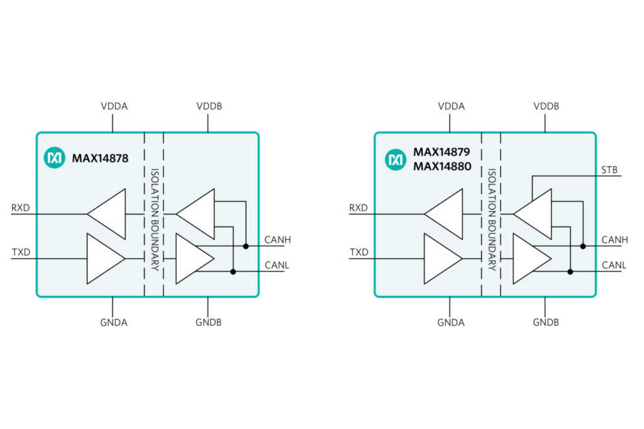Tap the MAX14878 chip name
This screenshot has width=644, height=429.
click(x=100, y=159)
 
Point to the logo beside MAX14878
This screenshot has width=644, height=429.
click(x=55, y=159)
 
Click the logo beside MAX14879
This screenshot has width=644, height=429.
click(x=396, y=160)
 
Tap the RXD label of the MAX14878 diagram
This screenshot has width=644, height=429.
click(x=21, y=208)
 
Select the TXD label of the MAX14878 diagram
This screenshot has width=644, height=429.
click(x=21, y=253)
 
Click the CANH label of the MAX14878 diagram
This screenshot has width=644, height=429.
click(x=277, y=240)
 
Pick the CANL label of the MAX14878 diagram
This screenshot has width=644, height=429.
click(x=277, y=265)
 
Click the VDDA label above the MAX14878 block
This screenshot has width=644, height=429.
click(x=114, y=106)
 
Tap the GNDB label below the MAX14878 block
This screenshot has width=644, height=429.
click(x=208, y=323)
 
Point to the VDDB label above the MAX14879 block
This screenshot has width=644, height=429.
click(x=546, y=106)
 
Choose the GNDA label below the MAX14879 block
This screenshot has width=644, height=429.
click(x=450, y=323)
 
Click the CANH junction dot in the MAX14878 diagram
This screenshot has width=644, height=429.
click(x=246, y=246)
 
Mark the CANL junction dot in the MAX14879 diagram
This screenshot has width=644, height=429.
click(x=570, y=272)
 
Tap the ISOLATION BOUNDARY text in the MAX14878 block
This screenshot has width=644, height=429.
click(x=154, y=214)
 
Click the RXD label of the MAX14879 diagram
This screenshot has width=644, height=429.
click(x=358, y=208)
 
